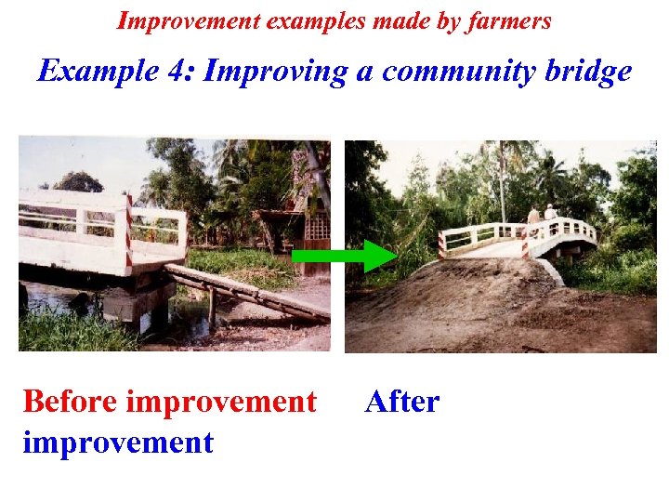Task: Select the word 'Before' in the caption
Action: coord(70,403)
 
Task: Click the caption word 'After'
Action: coord(402,403)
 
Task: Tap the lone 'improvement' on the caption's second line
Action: coord(118,442)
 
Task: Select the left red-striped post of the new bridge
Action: coord(441,244)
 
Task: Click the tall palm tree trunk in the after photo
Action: coord(503,186)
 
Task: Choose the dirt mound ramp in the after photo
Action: coord(492,297)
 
